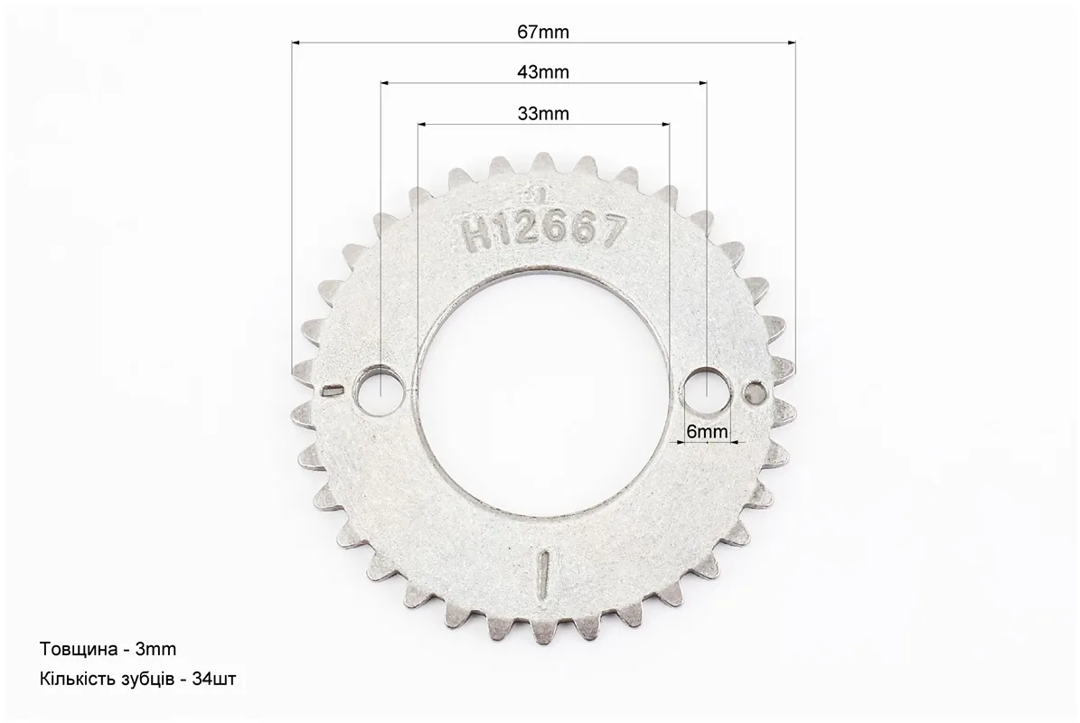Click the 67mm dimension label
[x=543, y=32]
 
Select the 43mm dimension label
[x=543, y=71]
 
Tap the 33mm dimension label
[x=543, y=114]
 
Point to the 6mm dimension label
[x=707, y=432]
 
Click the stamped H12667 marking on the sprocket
[x=546, y=230]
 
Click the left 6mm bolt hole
[x=380, y=390]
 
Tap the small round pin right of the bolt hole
[x=755, y=392]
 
